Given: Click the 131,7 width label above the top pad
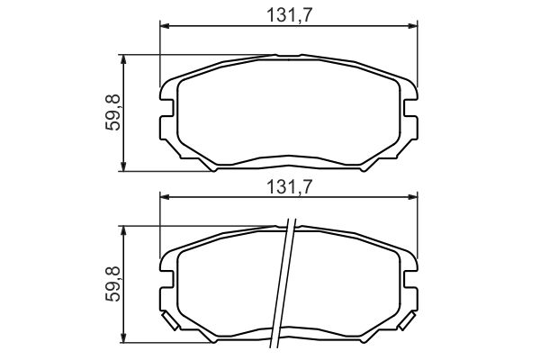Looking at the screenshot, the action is coord(289,15).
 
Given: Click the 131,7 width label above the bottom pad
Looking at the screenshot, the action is coord(289,187).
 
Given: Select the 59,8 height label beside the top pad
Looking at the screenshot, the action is coord(113,112).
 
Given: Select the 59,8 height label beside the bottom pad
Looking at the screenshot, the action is coord(113,283).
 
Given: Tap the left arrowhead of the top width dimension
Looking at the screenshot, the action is coord(166,26).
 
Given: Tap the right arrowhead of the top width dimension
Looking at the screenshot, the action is coord(412,26).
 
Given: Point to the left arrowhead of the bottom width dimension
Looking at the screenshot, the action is coord(166,197).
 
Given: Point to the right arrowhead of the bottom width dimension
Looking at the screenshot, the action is coord(412,197).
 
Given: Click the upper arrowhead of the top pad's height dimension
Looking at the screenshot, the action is coord(123,59).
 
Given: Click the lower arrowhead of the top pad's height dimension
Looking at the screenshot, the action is coord(123,166).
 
